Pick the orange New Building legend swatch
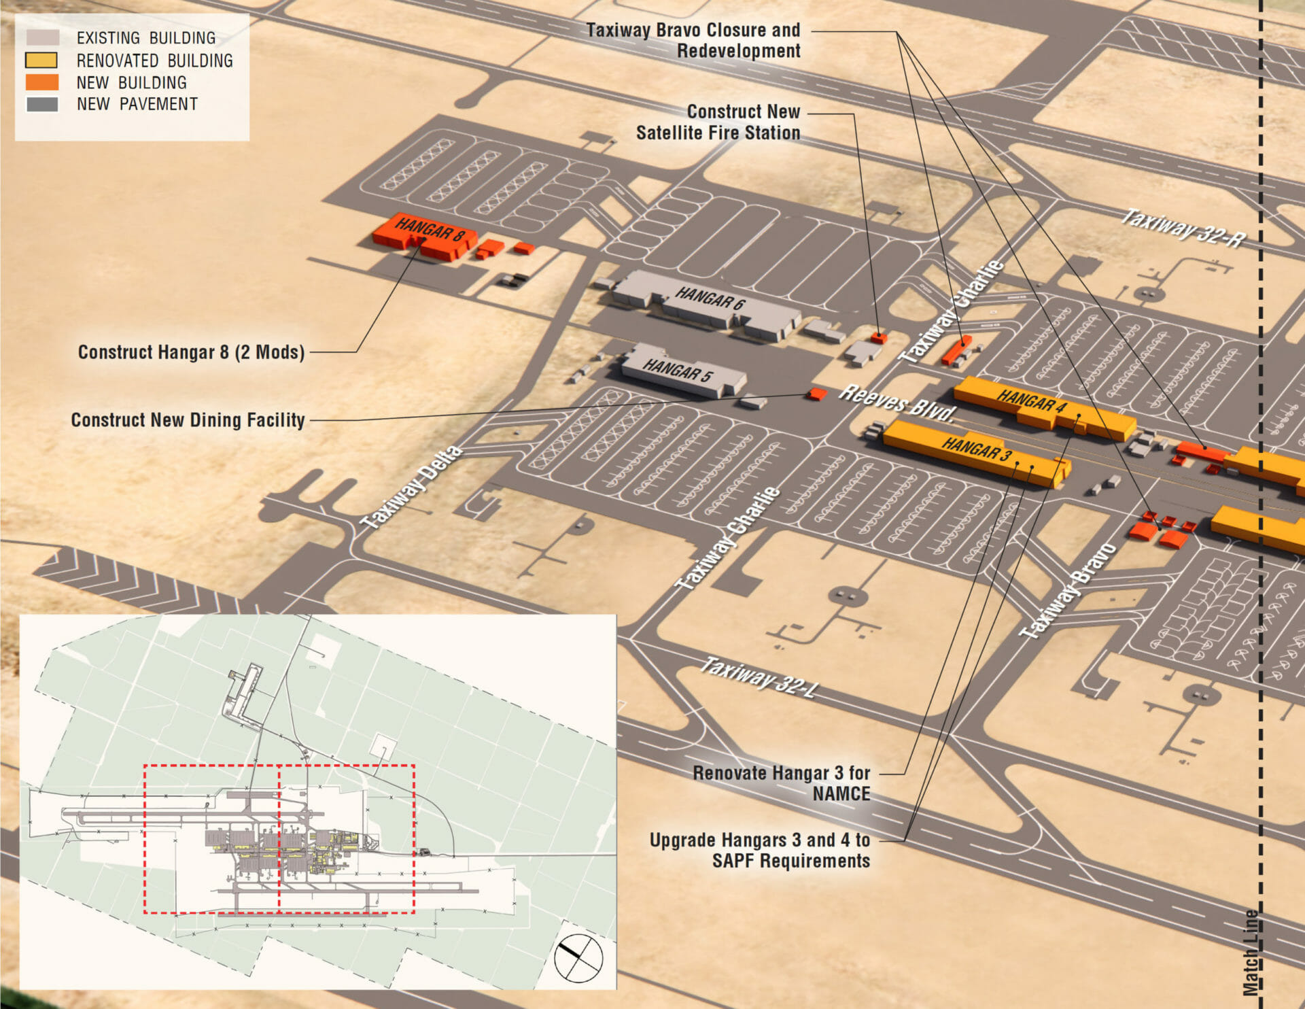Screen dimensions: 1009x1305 coord(41,82)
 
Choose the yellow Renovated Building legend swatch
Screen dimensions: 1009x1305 coord(41,60)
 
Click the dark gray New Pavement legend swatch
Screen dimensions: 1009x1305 coord(41,104)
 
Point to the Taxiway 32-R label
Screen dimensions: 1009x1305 coord(1182,228)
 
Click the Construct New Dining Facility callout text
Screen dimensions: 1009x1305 coord(188,420)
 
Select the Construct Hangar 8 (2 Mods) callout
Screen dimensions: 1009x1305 coord(191,352)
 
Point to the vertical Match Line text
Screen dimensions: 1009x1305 coord(1251,952)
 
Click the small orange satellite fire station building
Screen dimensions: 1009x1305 coord(879,337)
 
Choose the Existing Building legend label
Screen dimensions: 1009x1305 coord(145,38)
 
